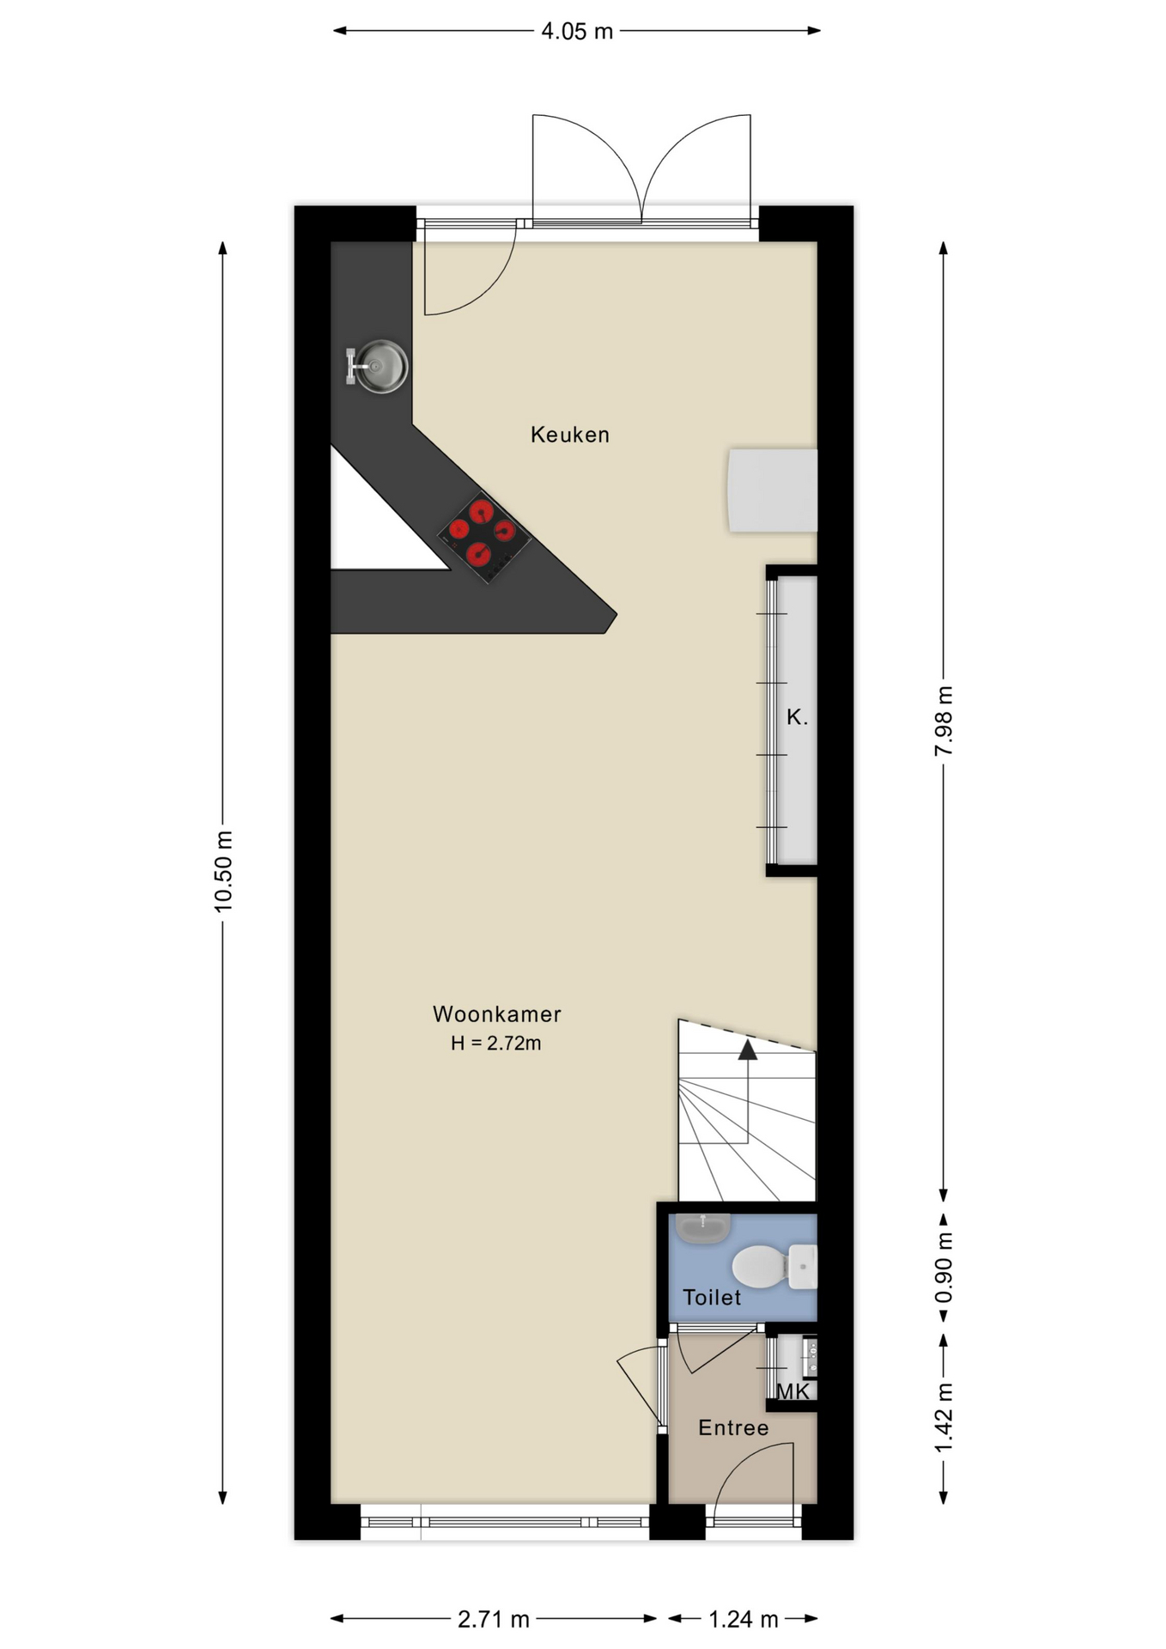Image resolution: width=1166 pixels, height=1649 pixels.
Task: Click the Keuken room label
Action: [569, 435]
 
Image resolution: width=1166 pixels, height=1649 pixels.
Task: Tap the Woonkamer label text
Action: [496, 1014]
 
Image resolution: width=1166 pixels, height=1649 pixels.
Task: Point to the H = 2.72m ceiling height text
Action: [496, 1044]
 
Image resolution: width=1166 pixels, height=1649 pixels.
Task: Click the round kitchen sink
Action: [380, 367]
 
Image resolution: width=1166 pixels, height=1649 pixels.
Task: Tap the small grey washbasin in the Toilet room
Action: [702, 1228]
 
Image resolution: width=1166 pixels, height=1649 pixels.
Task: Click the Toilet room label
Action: [711, 1298]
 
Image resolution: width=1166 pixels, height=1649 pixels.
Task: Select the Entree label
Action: [732, 1428]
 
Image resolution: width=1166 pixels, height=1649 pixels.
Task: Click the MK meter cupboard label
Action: [793, 1392]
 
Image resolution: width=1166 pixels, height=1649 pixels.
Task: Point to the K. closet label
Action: [797, 717]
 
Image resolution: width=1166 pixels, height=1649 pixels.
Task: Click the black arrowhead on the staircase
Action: [748, 1050]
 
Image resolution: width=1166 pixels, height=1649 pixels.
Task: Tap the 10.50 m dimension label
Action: [223, 871]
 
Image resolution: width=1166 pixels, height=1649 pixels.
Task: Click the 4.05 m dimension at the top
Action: [577, 32]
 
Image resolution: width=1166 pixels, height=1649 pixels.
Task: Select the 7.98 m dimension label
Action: [944, 721]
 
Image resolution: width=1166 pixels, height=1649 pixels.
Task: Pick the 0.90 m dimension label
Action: [944, 1267]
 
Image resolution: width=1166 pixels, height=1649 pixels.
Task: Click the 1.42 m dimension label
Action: [944, 1417]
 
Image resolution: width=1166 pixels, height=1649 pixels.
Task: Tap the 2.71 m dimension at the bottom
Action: [493, 1619]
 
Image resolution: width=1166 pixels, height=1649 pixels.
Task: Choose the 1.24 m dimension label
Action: [743, 1619]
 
